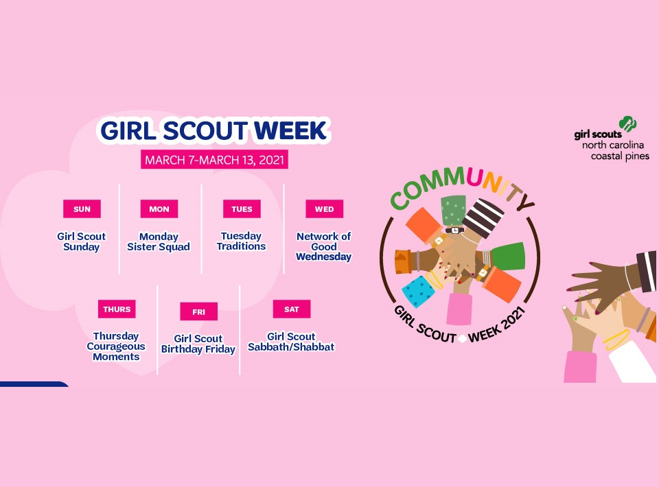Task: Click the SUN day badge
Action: click(82, 209)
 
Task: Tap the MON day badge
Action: click(159, 209)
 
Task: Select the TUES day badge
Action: click(242, 209)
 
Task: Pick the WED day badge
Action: click(324, 209)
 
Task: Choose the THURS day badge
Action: click(117, 309)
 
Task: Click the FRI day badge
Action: click(198, 312)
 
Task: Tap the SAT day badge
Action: click(291, 309)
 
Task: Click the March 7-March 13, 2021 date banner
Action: click(214, 160)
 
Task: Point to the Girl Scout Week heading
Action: click(214, 131)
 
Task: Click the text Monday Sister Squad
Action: click(159, 241)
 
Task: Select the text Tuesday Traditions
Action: click(242, 241)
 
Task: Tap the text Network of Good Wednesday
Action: click(324, 246)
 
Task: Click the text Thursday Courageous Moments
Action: click(116, 346)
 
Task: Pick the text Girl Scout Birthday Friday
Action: click(198, 344)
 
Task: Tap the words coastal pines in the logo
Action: click(620, 156)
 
